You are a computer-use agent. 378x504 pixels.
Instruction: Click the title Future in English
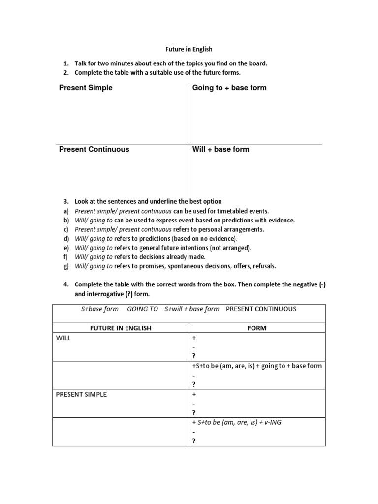coord(189,49)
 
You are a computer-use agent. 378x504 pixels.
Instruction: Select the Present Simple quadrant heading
coord(86,88)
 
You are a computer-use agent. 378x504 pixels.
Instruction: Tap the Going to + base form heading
coord(229,88)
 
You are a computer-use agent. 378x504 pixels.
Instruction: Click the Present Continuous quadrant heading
coord(94,149)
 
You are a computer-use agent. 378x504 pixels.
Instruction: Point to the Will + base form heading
coord(221,149)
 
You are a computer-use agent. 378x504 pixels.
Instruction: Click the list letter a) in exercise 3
coord(65,211)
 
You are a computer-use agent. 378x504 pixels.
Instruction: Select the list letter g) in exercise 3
coord(65,266)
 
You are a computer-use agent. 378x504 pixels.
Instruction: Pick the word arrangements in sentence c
coord(243,229)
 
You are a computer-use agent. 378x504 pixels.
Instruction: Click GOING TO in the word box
coord(142,309)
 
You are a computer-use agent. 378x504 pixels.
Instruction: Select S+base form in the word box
coord(100,309)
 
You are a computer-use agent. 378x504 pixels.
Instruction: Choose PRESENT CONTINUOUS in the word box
coord(261,309)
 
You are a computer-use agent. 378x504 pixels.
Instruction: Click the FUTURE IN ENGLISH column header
coord(120,328)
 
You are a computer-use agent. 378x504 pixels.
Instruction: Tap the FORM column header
coord(257,328)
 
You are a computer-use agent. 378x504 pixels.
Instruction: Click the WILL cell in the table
coord(63,338)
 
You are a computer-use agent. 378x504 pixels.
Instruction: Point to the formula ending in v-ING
coord(236,422)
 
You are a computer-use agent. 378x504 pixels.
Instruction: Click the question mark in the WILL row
coord(194,356)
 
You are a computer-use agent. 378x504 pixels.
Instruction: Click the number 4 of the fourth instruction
coord(65,284)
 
